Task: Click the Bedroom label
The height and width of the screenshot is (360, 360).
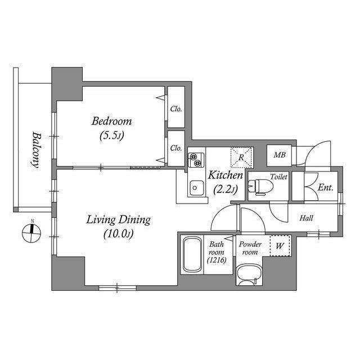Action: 112,121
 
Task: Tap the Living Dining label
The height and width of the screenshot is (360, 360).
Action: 118,219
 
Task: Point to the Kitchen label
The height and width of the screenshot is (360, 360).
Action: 226,175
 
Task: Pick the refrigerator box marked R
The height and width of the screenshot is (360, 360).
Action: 241,157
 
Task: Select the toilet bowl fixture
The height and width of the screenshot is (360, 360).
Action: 260,186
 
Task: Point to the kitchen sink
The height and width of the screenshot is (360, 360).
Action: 196,187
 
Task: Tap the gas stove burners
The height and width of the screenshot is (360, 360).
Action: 196,160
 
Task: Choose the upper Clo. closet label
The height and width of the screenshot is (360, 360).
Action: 176,109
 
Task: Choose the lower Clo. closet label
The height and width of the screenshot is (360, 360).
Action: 176,148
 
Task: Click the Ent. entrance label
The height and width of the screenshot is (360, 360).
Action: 325,187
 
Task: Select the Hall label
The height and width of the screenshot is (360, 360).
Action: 306,218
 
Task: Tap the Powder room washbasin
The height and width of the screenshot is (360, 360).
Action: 248,275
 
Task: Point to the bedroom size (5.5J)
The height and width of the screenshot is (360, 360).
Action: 112,135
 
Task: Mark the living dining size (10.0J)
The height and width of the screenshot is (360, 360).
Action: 118,233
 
